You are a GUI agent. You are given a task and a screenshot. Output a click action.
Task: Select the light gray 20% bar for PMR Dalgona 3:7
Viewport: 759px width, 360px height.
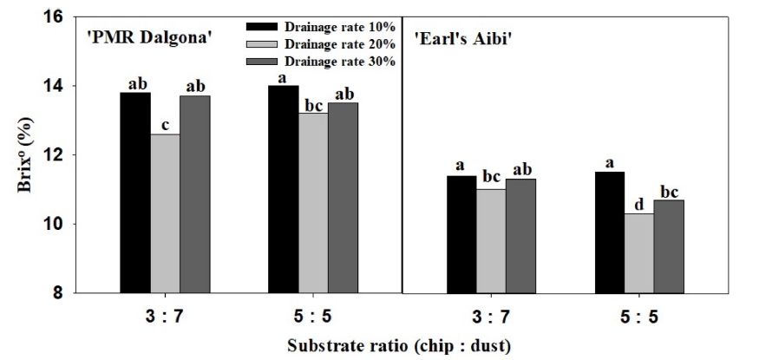tap(166, 213)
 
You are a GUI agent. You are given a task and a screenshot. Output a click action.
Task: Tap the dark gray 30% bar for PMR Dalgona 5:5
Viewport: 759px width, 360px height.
tap(343, 197)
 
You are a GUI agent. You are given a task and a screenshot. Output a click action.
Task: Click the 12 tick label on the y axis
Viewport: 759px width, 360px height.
tap(64, 155)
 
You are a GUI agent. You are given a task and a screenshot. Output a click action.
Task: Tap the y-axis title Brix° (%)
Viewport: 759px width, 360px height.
tap(29, 155)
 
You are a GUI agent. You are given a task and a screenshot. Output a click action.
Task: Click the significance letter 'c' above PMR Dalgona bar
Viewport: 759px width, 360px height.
tap(166, 125)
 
